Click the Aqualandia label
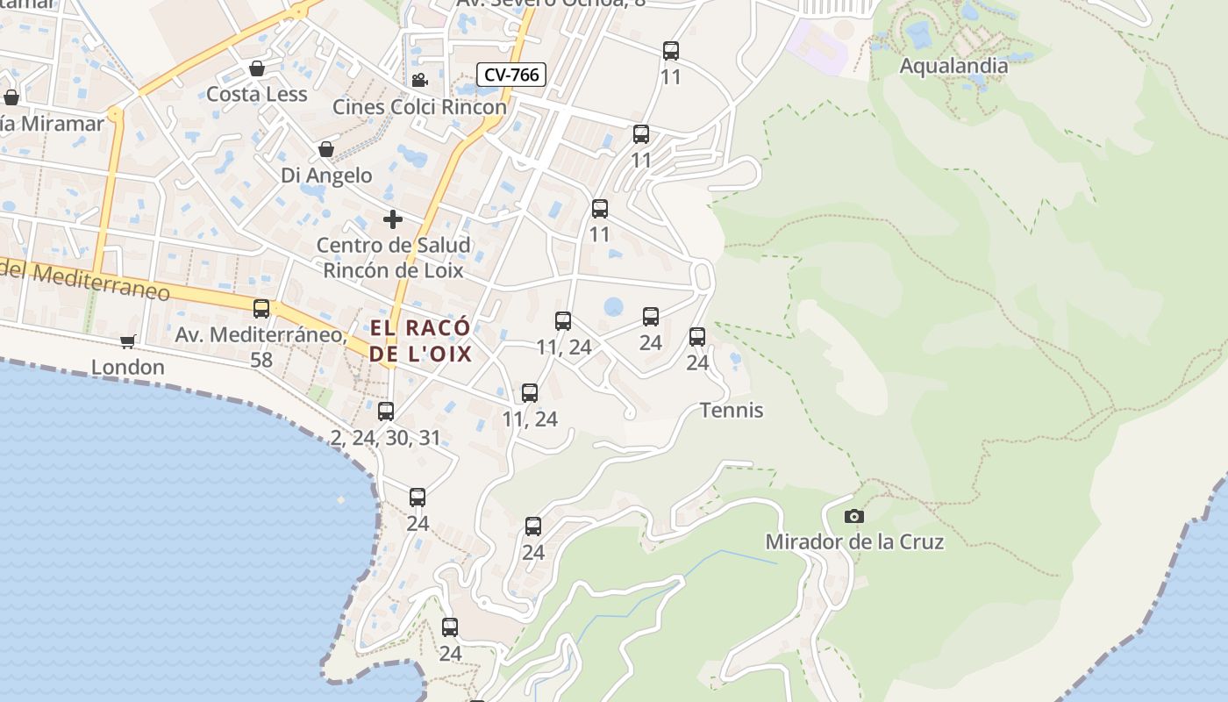coord(953,66)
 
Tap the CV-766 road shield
coord(511,75)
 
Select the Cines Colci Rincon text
coord(419,107)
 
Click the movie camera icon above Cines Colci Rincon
coord(419,81)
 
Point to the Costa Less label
coord(257,94)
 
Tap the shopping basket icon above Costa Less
coord(257,68)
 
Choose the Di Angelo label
coord(326,175)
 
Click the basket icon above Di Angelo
coord(326,149)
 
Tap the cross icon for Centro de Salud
coord(393,218)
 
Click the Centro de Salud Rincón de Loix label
coord(393,257)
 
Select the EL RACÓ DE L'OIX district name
coord(421,340)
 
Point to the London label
coord(128,367)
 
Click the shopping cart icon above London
coord(128,341)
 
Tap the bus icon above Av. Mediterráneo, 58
coord(261,309)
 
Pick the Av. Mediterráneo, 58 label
coord(261,347)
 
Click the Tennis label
coord(732,410)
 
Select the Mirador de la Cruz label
coord(854,541)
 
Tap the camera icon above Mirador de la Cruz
coord(853,516)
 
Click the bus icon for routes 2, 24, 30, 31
coord(386,411)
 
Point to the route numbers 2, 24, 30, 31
coord(386,437)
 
